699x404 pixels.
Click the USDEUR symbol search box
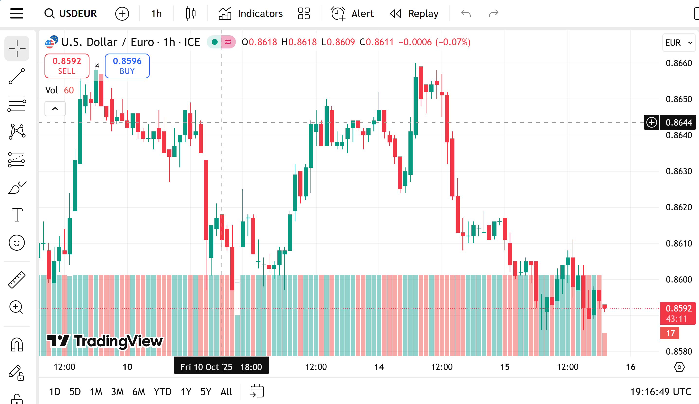(71, 13)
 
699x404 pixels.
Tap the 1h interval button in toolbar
(156, 13)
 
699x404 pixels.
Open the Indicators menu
(251, 13)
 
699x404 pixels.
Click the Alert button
(352, 13)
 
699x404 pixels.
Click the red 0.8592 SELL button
(67, 66)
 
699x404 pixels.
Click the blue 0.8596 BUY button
(127, 66)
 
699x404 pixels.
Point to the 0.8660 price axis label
(679, 63)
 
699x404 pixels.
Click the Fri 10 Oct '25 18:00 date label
(221, 367)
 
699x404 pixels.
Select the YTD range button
(162, 392)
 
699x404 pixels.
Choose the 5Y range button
(206, 392)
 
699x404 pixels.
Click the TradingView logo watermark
(105, 341)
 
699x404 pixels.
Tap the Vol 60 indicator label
(59, 90)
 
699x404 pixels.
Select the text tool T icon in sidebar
(17, 215)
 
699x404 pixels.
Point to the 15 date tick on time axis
(504, 367)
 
